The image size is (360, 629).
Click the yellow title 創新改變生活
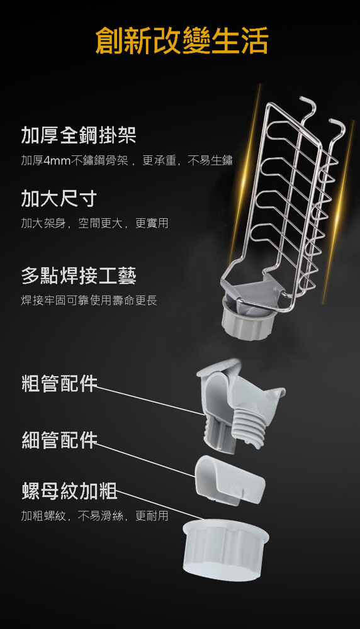point(182,41)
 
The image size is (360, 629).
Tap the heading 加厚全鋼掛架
point(79,135)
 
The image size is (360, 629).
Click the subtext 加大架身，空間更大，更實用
point(94,223)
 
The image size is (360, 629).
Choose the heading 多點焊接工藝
point(79,276)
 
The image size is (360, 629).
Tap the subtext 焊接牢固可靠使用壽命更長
point(89,299)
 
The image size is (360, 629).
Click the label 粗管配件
point(59,383)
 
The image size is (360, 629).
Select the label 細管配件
point(59,440)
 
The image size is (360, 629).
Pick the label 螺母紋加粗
point(69,491)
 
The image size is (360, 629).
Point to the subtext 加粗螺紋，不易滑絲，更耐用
point(94,516)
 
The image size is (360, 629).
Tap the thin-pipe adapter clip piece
point(230,480)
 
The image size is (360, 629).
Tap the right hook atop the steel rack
point(336,129)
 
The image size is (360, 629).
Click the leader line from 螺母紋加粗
point(160,506)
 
